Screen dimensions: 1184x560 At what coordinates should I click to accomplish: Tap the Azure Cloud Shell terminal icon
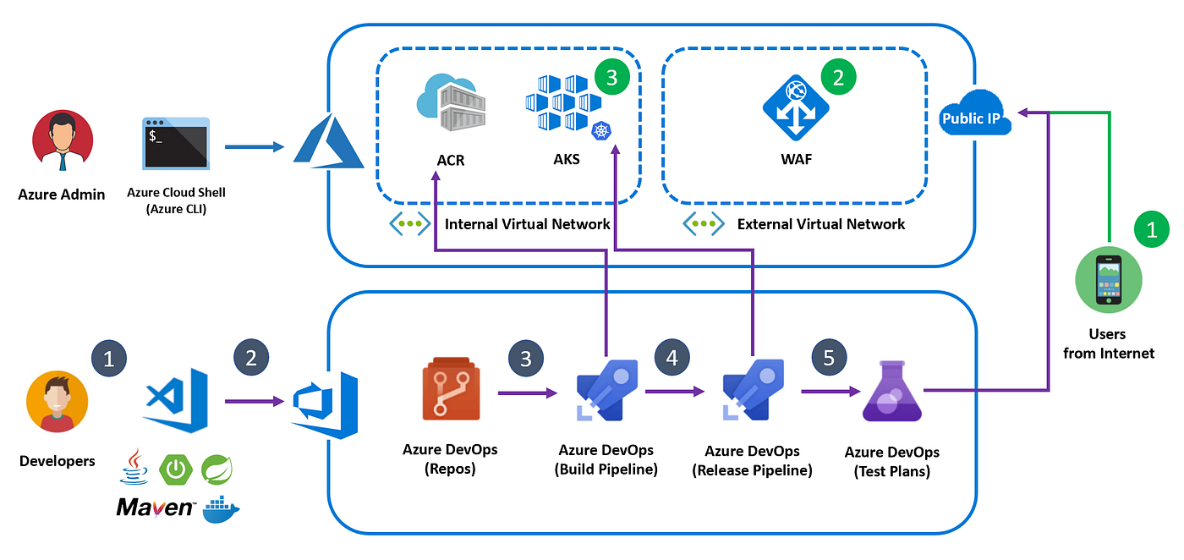(x=176, y=143)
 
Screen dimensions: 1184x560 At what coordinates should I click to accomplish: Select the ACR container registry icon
(x=452, y=102)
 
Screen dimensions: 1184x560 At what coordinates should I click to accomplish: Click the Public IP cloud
(x=975, y=113)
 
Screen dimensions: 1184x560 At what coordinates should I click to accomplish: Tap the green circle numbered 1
(x=1152, y=229)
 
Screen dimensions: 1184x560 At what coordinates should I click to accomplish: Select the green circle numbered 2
(x=838, y=77)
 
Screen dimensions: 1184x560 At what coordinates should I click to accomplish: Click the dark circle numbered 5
(x=829, y=358)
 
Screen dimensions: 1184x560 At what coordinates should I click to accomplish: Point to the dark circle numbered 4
(x=671, y=358)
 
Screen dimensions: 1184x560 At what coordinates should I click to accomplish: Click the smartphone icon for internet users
(x=1109, y=280)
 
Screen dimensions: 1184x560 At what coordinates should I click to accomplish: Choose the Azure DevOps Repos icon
(x=451, y=388)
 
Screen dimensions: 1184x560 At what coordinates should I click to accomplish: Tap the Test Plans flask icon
(x=892, y=392)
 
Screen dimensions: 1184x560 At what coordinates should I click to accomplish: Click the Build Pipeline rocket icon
(x=607, y=390)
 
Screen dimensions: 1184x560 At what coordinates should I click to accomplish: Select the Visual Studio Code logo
(x=176, y=400)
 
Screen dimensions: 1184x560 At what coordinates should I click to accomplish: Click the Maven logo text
(x=156, y=507)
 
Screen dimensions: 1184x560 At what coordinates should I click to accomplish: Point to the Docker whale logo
(x=221, y=509)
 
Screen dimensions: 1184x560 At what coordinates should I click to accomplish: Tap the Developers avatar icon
(x=58, y=401)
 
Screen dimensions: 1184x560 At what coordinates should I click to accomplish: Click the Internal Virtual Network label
(x=527, y=224)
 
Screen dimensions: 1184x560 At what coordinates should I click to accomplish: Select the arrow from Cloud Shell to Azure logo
(x=255, y=146)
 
